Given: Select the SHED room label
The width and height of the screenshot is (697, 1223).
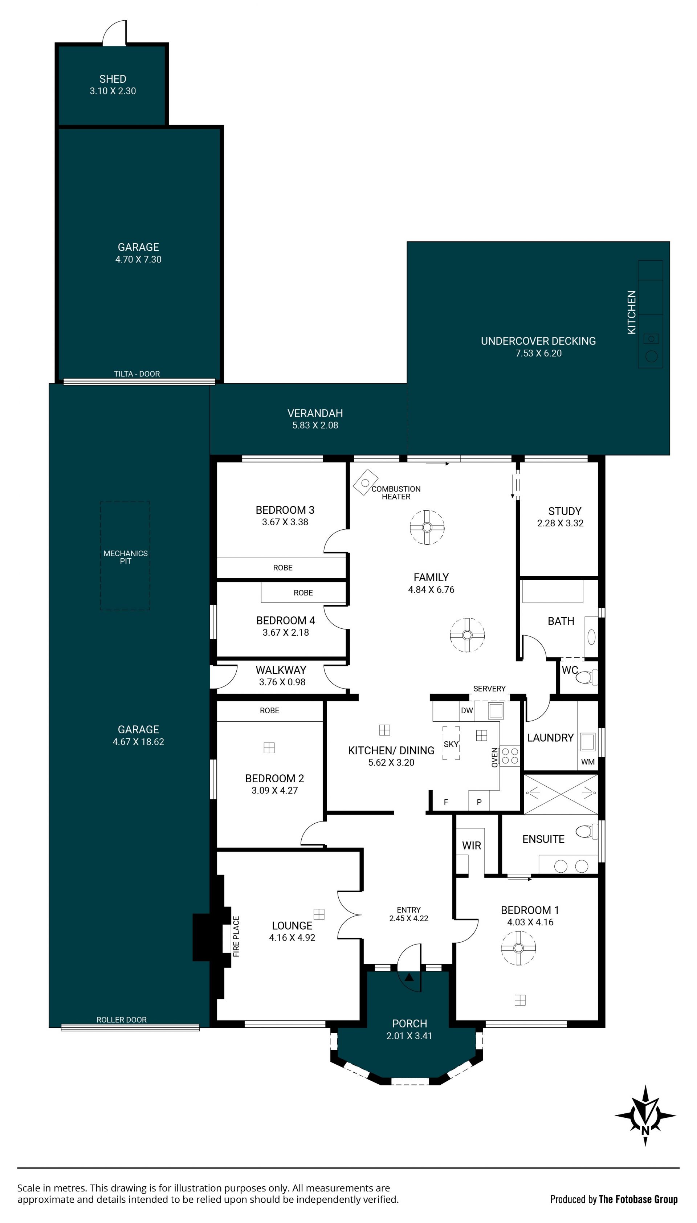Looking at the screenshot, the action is pyautogui.click(x=113, y=79).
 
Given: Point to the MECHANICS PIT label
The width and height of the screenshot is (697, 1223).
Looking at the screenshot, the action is pyautogui.click(x=125, y=557).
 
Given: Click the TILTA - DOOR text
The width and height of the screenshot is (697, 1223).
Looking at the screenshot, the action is pyautogui.click(x=137, y=374).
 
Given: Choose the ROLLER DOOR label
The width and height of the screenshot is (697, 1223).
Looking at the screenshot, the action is pyautogui.click(x=122, y=1020).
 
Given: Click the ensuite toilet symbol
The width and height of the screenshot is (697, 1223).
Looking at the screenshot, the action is pyautogui.click(x=586, y=831).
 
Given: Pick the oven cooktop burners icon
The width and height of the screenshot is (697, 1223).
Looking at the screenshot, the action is pyautogui.click(x=510, y=756).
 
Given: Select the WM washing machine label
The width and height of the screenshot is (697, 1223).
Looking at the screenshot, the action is pyautogui.click(x=588, y=762).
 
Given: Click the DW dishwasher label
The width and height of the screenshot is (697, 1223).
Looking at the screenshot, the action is pyautogui.click(x=467, y=710).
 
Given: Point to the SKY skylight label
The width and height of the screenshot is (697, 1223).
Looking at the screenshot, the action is pyautogui.click(x=451, y=744).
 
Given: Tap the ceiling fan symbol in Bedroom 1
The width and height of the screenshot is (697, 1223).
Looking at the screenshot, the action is pyautogui.click(x=518, y=948).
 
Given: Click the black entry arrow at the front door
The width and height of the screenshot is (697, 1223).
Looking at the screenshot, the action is pyautogui.click(x=409, y=977).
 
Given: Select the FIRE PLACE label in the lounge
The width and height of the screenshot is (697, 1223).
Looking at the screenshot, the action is pyautogui.click(x=236, y=936).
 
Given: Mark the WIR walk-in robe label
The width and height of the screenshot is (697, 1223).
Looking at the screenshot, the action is pyautogui.click(x=472, y=845).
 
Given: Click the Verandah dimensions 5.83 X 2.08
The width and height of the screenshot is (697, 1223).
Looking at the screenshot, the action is pyautogui.click(x=315, y=425).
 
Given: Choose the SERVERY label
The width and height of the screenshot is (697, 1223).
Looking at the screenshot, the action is pyautogui.click(x=489, y=688).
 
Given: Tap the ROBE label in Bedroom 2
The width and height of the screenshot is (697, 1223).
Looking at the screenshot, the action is pyautogui.click(x=269, y=710).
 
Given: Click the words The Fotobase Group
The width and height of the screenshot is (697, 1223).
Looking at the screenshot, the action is pyautogui.click(x=638, y=1199).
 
